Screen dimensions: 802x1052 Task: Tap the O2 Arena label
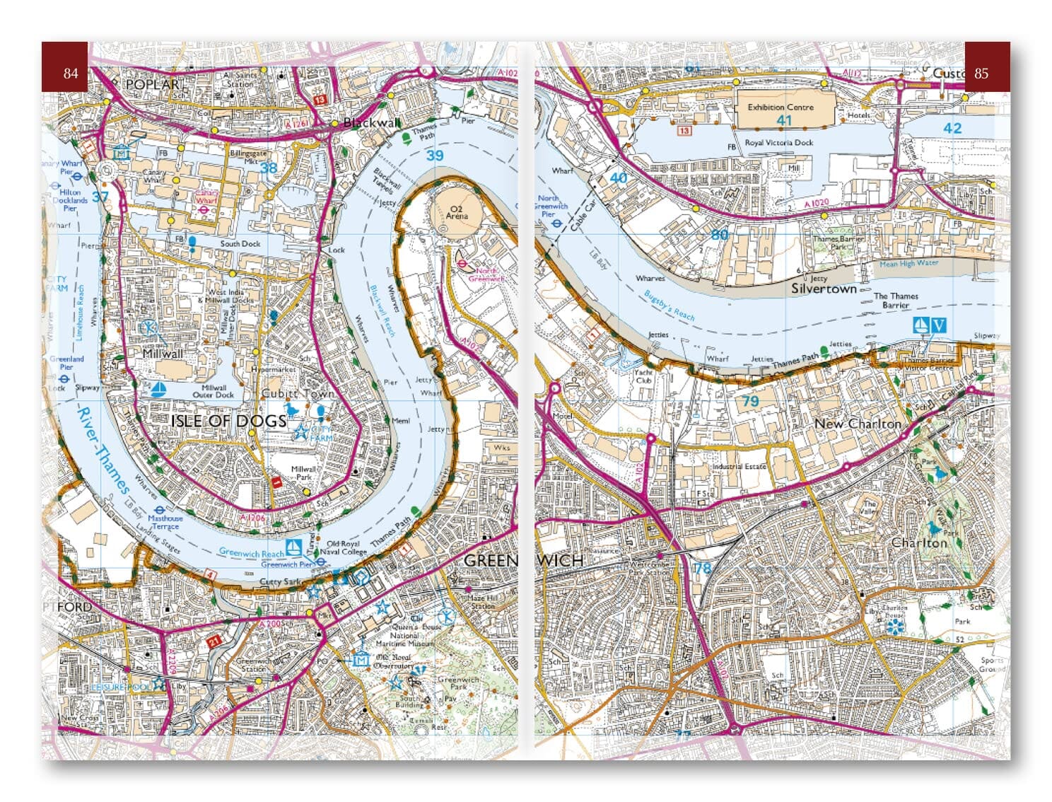click(x=456, y=211)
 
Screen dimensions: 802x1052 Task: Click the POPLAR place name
click(x=152, y=84)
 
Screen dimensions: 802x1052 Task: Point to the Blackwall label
click(x=372, y=122)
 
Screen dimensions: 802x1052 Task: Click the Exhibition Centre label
click(x=781, y=107)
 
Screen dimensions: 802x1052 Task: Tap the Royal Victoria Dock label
click(x=779, y=142)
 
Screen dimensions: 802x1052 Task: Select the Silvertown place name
click(x=824, y=289)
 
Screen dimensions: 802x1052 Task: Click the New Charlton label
click(x=858, y=424)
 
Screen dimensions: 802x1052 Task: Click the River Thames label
click(x=103, y=450)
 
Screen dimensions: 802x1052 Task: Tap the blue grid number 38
click(x=269, y=168)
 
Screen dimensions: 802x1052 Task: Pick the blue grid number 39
click(x=434, y=156)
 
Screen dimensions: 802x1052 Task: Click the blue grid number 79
click(x=750, y=402)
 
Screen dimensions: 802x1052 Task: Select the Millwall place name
click(x=163, y=353)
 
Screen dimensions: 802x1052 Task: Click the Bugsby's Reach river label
click(x=669, y=306)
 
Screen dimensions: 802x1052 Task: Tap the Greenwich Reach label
click(x=251, y=552)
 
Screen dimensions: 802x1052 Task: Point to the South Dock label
click(x=240, y=243)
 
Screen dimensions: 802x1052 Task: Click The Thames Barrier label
click(x=896, y=301)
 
